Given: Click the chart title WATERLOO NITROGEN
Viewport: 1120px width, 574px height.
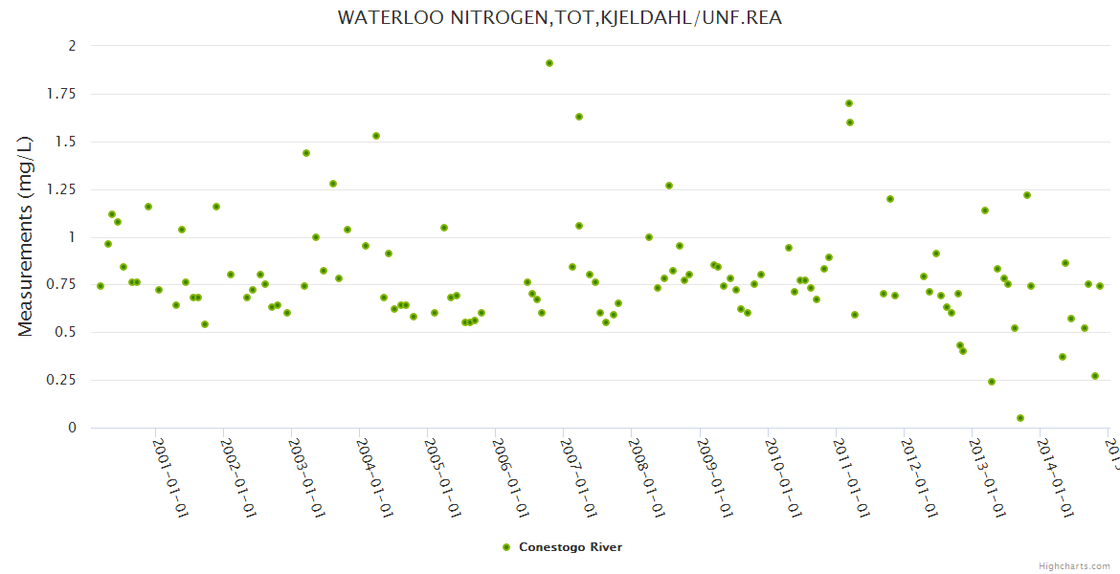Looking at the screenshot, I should pos(559,18).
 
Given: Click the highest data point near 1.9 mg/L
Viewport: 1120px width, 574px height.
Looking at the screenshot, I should pos(549,63).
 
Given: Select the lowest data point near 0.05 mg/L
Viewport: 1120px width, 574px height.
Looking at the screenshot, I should pos(1020,418).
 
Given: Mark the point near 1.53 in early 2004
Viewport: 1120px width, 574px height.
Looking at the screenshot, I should pos(376,136).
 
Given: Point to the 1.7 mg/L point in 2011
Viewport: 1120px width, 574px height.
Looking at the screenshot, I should pos(849,103).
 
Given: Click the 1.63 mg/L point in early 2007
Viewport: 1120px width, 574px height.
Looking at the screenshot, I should pos(579,117).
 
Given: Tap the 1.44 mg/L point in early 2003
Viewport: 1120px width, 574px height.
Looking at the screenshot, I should pos(306,153).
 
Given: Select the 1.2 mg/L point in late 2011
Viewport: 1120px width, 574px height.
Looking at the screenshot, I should pos(890,199).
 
